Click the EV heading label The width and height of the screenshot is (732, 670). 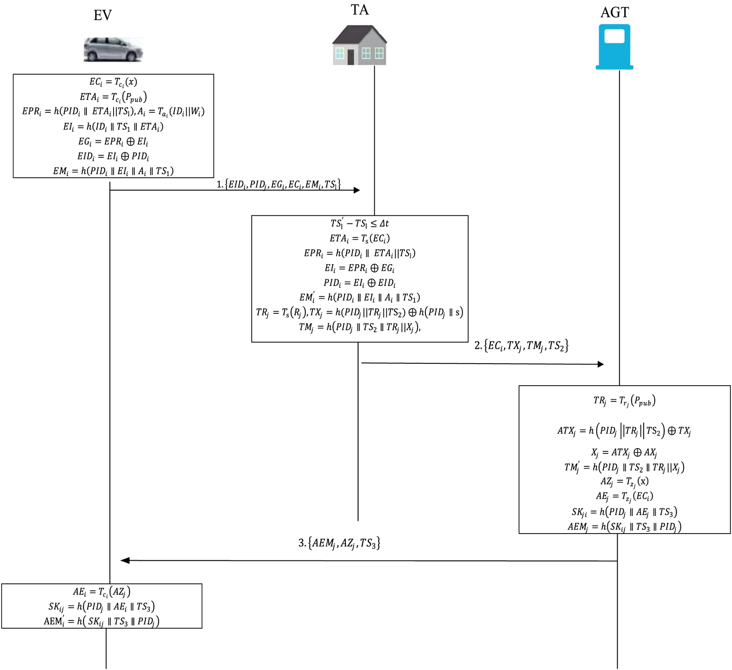(102, 16)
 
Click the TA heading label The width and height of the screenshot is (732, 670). (359, 10)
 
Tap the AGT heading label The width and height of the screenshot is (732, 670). (614, 12)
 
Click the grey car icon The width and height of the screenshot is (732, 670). (113, 50)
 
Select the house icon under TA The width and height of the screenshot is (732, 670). (359, 45)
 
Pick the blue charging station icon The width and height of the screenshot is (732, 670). (614, 47)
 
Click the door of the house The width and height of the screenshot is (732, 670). (351, 57)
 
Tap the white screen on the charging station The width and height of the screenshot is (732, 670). (614, 36)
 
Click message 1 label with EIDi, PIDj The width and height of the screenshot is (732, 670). (278, 184)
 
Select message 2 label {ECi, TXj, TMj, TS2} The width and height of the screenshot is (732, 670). (521, 346)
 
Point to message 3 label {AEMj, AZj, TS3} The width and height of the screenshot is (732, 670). (339, 543)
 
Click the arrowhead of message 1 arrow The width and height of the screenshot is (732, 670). (356, 190)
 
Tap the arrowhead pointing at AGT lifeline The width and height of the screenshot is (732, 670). (601, 364)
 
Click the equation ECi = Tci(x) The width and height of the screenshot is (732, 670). (113, 82)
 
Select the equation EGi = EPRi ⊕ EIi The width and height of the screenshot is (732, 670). (113, 141)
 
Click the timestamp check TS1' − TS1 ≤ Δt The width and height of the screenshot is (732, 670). (359, 224)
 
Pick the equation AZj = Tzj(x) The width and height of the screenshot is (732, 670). (624, 482)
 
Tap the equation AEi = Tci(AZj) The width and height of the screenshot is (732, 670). (102, 592)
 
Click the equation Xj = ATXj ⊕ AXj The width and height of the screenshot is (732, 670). (624, 452)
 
